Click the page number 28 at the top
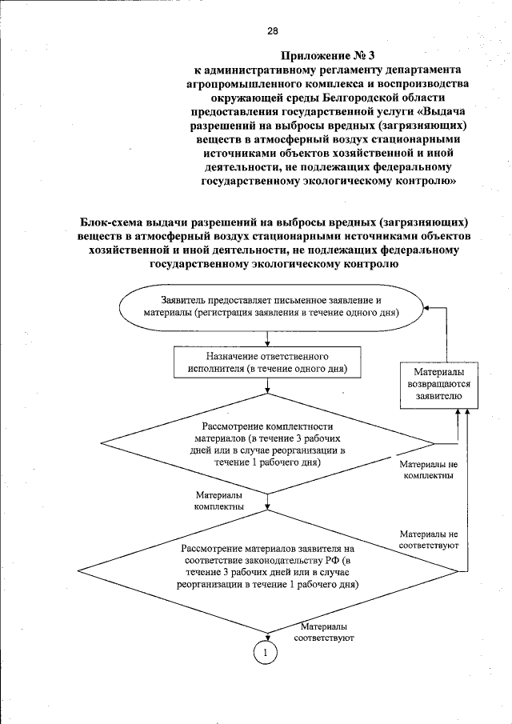(x=272, y=31)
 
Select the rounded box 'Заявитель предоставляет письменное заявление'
(x=271, y=306)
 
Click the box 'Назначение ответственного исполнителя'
(x=266, y=362)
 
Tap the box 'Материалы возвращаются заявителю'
(x=436, y=383)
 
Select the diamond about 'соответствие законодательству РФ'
(x=267, y=566)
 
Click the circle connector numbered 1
(x=265, y=653)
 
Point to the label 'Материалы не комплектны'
(x=428, y=470)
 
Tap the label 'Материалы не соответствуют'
(x=429, y=539)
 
